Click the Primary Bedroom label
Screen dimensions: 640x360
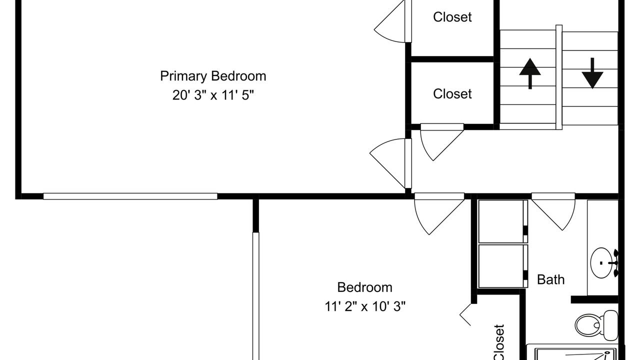pyautogui.click(x=213, y=76)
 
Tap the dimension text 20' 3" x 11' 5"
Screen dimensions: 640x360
pyautogui.click(x=213, y=95)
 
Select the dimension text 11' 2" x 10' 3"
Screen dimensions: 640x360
pyautogui.click(x=365, y=306)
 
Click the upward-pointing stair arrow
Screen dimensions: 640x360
pyautogui.click(x=530, y=73)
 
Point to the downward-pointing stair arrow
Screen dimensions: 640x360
pyautogui.click(x=592, y=73)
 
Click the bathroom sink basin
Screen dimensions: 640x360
pyautogui.click(x=601, y=263)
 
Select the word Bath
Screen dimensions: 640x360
pyautogui.click(x=551, y=279)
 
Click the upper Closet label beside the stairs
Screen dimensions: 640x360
pyautogui.click(x=452, y=17)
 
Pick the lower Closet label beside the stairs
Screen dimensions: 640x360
pyautogui.click(x=452, y=93)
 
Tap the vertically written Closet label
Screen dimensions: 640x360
pyautogui.click(x=499, y=342)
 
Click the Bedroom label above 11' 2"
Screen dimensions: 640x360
pyautogui.click(x=365, y=287)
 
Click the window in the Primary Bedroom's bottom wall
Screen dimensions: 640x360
pyautogui.click(x=130, y=196)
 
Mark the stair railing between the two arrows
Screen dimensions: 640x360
pyautogui.click(x=559, y=77)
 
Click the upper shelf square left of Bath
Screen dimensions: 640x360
pyautogui.click(x=503, y=221)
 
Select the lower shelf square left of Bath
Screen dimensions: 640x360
pyautogui.click(x=503, y=266)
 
